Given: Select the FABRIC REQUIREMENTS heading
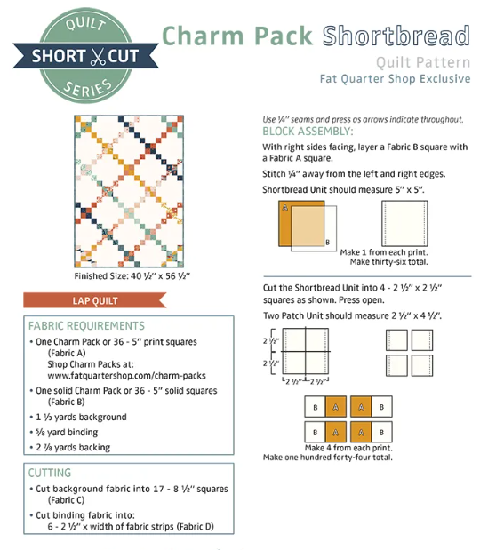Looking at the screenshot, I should coord(86,326).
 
